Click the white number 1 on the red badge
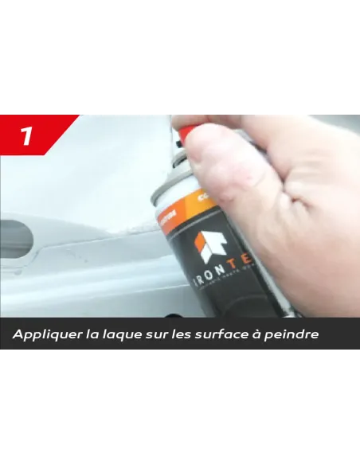26,136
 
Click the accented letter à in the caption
256,334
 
